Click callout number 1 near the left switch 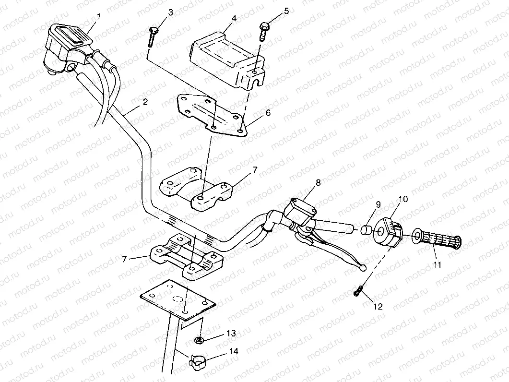click(99, 16)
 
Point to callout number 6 click(268, 113)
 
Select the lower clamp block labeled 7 click(187, 258)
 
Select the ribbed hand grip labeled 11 click(437, 239)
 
